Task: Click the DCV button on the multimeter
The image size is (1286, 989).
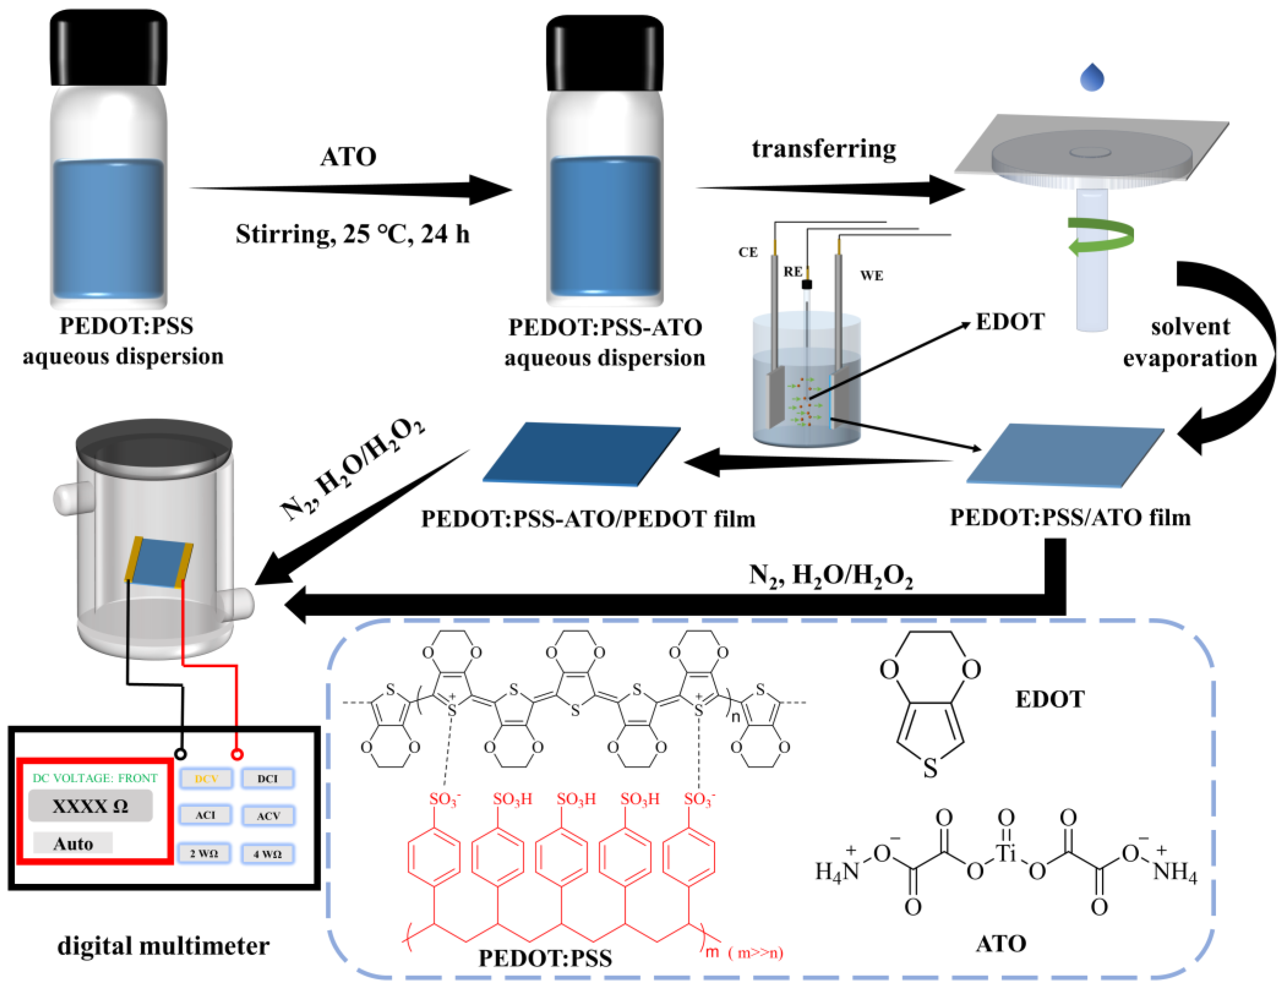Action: (206, 778)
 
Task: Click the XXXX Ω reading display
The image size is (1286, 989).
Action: (90, 806)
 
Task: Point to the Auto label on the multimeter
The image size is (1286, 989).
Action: (73, 843)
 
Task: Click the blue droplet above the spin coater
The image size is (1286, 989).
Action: (1092, 78)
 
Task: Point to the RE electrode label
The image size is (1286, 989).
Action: (792, 271)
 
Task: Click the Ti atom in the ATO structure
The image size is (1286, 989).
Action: (1006, 852)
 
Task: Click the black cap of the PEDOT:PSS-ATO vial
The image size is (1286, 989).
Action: (604, 53)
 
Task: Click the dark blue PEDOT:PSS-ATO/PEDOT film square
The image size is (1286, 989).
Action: (581, 453)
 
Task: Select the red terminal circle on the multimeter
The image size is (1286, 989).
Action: (236, 754)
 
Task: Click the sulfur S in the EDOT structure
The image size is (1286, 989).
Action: (930, 768)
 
